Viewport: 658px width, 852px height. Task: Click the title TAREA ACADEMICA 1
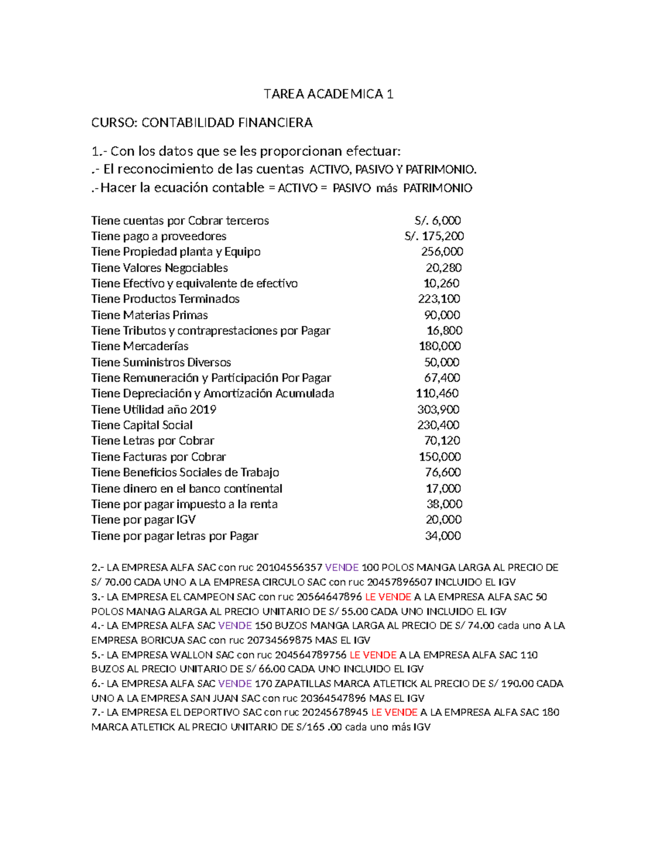(x=328, y=94)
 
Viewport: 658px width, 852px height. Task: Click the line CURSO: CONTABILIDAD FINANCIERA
(x=202, y=122)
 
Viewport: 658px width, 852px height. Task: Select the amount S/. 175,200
(x=434, y=236)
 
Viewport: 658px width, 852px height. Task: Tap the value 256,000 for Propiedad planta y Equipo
(x=441, y=251)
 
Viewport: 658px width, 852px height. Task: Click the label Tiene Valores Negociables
(x=160, y=268)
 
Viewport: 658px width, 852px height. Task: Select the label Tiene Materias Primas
(x=150, y=315)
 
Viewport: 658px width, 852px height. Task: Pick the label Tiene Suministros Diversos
(x=161, y=362)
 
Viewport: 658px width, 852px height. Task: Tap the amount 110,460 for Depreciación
(x=437, y=393)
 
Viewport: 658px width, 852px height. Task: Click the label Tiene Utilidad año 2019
(x=154, y=409)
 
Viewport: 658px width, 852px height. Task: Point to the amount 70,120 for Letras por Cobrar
(x=442, y=441)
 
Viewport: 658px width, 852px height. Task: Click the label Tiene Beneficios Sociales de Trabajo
(x=185, y=472)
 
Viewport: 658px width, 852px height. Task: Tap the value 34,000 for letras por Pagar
(x=443, y=535)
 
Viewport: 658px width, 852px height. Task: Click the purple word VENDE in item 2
(x=342, y=567)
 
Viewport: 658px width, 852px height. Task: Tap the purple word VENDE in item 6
(x=235, y=684)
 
